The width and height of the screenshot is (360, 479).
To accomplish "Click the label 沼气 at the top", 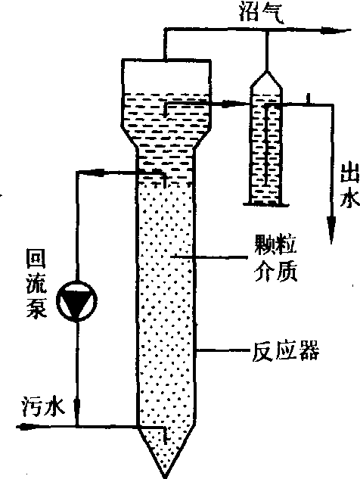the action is click(x=262, y=12).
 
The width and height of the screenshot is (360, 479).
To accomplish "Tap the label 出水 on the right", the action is click(x=350, y=185).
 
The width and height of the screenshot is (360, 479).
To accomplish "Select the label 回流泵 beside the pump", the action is click(x=36, y=284).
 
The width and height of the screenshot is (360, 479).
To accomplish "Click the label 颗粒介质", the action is click(x=276, y=257).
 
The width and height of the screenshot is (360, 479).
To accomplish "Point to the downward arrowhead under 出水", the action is click(x=331, y=230).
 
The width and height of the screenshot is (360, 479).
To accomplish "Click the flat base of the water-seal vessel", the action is click(x=265, y=204).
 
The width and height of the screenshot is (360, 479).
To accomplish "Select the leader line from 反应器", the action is click(x=223, y=350).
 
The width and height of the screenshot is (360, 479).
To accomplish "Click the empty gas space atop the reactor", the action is click(x=166, y=76).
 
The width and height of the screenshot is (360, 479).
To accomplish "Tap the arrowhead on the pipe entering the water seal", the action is click(x=228, y=104).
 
